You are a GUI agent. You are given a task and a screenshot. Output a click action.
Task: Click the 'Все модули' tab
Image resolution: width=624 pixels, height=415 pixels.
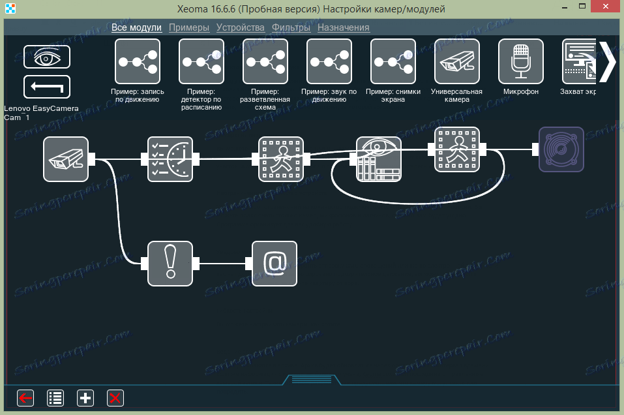point(136,27)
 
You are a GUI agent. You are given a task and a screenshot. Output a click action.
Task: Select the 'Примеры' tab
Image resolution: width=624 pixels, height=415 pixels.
point(189,27)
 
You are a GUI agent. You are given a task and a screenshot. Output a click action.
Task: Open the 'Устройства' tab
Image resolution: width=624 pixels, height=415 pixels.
point(241,27)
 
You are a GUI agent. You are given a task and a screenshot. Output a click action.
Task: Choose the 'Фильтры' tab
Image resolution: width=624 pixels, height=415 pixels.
point(291,27)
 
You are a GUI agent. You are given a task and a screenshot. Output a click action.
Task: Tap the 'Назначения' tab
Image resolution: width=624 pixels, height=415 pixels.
point(344,27)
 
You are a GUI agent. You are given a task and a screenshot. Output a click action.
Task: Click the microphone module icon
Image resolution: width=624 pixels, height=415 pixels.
point(521,61)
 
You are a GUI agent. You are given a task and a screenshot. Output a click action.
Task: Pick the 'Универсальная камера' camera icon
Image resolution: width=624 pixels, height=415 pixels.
point(457,61)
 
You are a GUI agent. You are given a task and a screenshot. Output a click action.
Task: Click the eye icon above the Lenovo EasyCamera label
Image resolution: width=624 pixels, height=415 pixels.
point(47,57)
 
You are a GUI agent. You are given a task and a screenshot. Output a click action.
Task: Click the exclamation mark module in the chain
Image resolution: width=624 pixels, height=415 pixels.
point(170,264)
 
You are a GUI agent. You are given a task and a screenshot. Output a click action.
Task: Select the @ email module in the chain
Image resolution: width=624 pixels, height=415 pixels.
point(275,264)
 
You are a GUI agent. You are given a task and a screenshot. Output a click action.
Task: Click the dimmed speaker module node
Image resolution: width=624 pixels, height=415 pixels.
point(561,149)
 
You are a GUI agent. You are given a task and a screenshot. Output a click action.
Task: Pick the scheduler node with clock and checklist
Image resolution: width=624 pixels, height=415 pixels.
point(170,159)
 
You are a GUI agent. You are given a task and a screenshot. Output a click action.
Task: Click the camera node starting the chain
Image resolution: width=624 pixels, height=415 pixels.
point(66,159)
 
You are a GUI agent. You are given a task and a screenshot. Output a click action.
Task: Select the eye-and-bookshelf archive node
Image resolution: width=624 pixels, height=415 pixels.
point(379,159)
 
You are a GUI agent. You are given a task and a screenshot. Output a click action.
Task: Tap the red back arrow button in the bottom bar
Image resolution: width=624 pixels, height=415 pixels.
point(25,397)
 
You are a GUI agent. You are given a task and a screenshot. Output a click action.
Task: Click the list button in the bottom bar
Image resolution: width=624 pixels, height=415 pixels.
point(55,397)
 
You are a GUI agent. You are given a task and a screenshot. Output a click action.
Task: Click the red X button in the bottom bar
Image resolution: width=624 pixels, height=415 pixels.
point(115,397)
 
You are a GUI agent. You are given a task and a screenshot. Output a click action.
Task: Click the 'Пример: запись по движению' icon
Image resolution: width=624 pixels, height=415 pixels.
point(137,61)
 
